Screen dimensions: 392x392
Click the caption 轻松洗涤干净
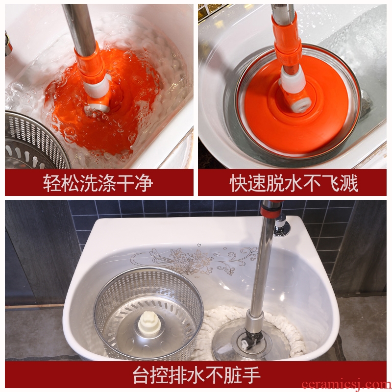[98, 183]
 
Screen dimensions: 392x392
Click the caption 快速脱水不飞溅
[294, 183]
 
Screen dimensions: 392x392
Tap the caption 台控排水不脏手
[196, 375]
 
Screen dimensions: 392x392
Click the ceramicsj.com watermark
[346, 384]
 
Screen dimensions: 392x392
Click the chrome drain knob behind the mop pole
[282, 225]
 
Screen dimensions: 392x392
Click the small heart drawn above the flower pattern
[199, 245]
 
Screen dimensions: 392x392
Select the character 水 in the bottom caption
[196, 375]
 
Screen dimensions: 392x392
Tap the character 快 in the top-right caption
[239, 183]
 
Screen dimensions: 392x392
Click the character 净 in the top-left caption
[144, 183]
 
